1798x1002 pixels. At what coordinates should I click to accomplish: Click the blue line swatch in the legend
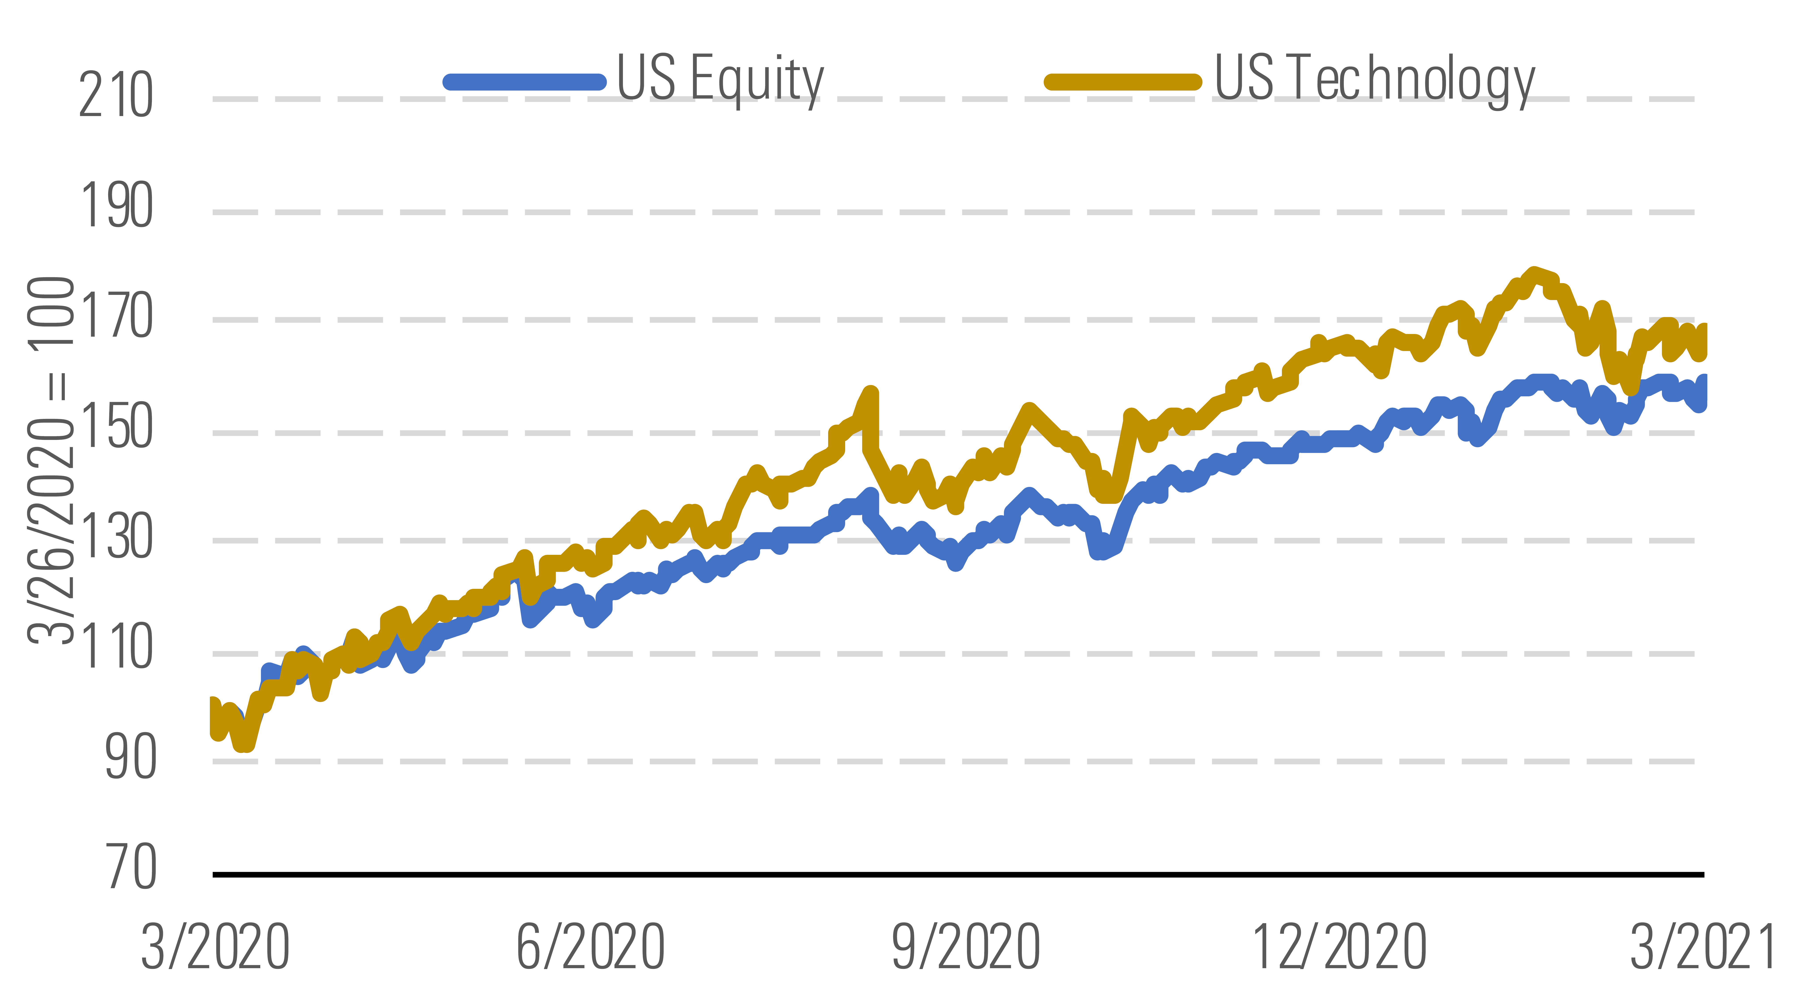(525, 82)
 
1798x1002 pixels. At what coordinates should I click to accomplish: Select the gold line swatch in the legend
(1122, 82)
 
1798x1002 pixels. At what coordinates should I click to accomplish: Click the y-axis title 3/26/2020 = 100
(50, 460)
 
